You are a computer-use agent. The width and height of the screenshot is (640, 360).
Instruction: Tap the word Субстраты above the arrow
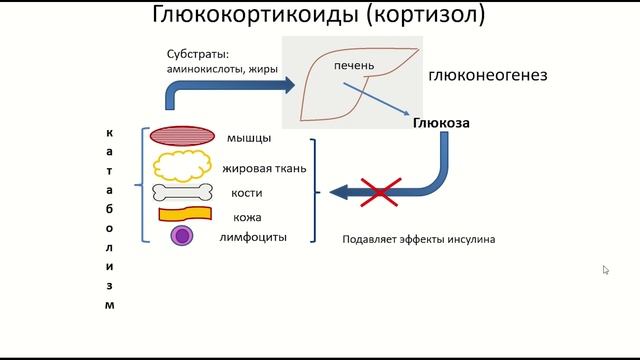(198, 53)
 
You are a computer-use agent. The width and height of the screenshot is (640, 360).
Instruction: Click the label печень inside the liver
(355, 66)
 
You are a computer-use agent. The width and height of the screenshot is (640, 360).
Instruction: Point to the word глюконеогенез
(487, 75)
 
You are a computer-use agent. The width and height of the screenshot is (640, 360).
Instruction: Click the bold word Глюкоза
(440, 124)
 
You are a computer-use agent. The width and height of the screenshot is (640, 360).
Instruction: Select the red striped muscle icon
(182, 138)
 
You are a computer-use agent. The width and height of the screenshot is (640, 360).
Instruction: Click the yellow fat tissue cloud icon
(181, 165)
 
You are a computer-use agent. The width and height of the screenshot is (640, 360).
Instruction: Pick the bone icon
(182, 192)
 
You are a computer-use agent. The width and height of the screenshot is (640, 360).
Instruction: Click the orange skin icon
(185, 213)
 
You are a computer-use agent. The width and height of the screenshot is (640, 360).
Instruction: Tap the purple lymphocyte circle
(181, 236)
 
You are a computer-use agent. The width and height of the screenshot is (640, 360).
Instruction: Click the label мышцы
(244, 139)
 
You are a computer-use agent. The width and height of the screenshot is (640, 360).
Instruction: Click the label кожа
(246, 217)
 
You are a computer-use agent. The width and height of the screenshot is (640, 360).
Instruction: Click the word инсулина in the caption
(469, 240)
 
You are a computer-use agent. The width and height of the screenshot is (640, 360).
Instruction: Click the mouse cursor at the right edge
(606, 270)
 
